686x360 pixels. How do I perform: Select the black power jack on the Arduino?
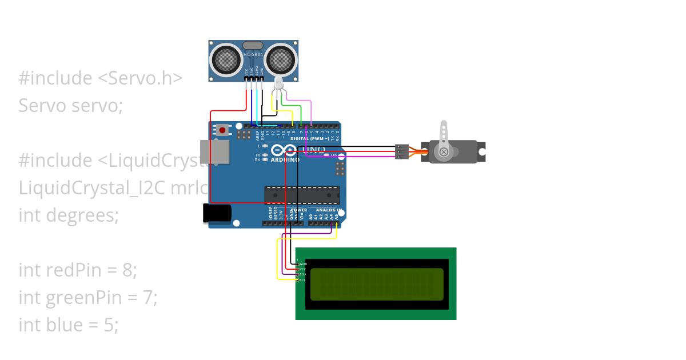[x=217, y=213]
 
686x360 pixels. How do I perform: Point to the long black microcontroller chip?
[x=301, y=195]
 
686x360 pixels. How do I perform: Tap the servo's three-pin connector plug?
[x=401, y=151]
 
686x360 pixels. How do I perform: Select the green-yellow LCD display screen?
[x=376, y=284]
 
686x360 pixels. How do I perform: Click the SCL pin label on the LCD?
[x=302, y=280]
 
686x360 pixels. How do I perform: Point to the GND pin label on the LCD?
[x=303, y=264]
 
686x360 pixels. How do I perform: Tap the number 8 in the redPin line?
[x=127, y=270]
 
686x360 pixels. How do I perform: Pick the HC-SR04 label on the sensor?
[x=253, y=54]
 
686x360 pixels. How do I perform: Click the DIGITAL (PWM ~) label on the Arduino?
[x=309, y=139]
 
